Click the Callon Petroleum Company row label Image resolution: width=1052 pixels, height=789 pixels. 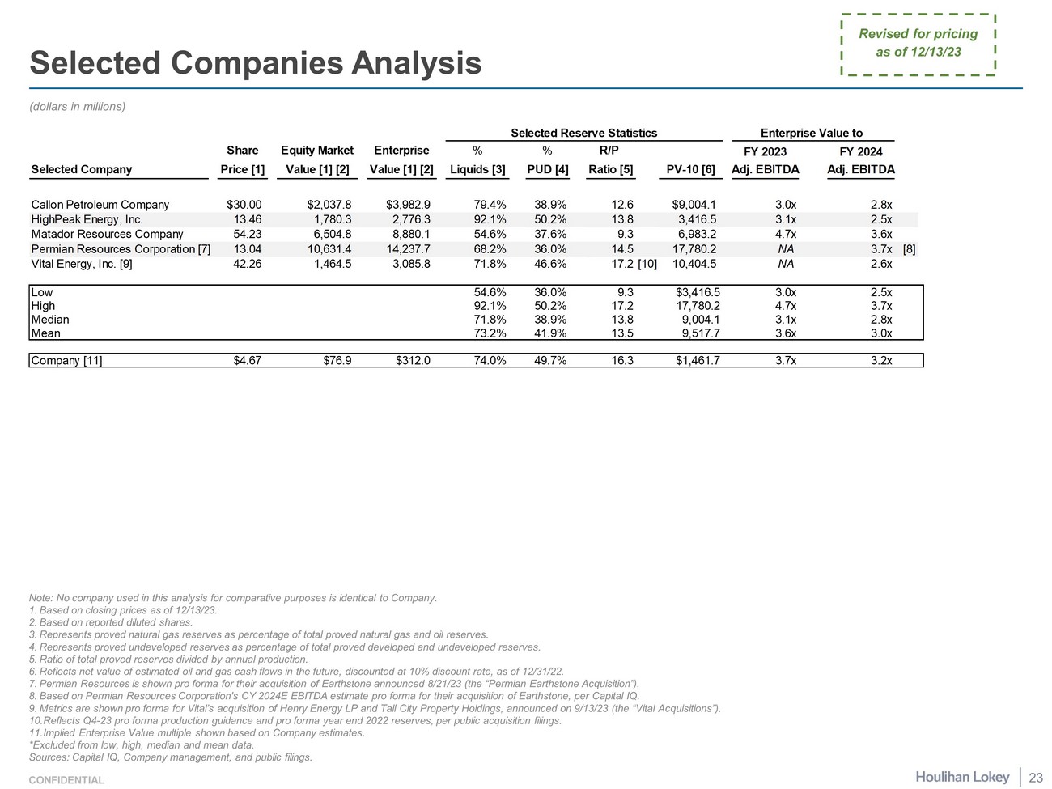pyautogui.click(x=100, y=205)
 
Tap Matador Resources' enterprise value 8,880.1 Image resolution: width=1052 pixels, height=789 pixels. pyautogui.click(x=410, y=234)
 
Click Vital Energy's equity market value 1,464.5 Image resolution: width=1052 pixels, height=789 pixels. pyautogui.click(x=331, y=264)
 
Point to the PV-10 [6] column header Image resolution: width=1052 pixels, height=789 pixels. pyautogui.click(x=690, y=169)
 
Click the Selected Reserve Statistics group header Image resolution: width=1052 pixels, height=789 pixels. pyautogui.click(x=583, y=133)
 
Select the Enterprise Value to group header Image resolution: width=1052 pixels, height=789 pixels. pyautogui.click(x=811, y=133)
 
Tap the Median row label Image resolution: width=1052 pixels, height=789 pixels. pyautogui.click(x=50, y=320)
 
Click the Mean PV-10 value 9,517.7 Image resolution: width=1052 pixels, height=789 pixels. pyautogui.click(x=697, y=333)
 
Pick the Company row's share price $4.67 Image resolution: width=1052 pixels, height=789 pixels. pyautogui.click(x=247, y=360)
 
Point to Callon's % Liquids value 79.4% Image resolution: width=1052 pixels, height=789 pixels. pyautogui.click(x=490, y=205)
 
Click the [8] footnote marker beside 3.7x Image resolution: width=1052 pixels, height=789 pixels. pyautogui.click(x=909, y=249)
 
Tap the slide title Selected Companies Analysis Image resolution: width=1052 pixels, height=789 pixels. pyautogui.click(x=256, y=63)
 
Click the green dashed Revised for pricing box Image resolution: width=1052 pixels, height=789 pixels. pyautogui.click(x=918, y=44)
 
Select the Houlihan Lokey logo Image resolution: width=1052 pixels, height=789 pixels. pyautogui.click(x=962, y=777)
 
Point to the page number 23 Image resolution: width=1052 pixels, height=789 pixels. pyautogui.click(x=1035, y=778)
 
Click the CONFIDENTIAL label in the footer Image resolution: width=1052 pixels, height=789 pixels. pyautogui.click(x=66, y=780)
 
